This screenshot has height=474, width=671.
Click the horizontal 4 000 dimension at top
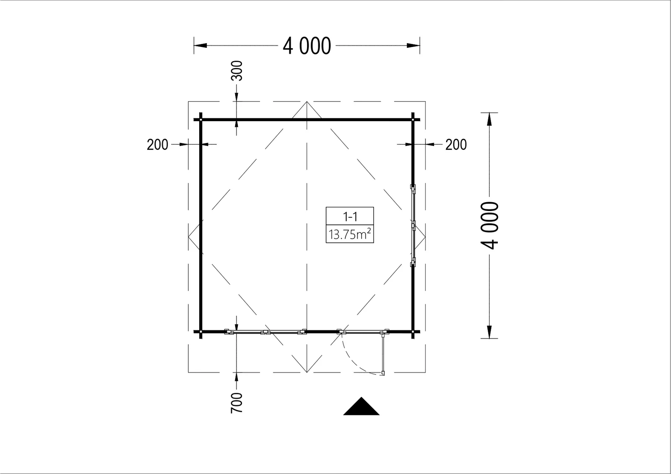tap(307, 46)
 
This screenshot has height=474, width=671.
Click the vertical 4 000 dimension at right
tap(489, 225)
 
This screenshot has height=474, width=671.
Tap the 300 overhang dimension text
tap(237, 71)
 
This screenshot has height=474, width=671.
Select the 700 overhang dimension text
tap(237, 403)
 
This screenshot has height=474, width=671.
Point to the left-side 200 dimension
tap(157, 145)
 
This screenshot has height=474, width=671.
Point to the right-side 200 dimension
tap(456, 145)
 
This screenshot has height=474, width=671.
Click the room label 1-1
tap(350, 216)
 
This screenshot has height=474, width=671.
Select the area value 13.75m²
tap(350, 234)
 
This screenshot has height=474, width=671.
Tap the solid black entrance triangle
tap(361, 406)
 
